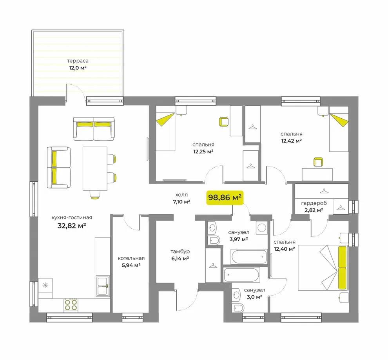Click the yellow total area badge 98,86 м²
coord(225,198)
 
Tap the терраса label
coord(78,61)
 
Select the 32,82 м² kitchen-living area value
coord(72,226)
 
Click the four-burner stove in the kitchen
coord(71,305)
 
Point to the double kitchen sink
coord(103,286)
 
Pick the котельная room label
coord(131,259)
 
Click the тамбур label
coord(180,251)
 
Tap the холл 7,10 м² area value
coord(181,202)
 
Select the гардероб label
coord(314,203)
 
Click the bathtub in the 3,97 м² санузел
coord(249,257)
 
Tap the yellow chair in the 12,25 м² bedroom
coord(223,122)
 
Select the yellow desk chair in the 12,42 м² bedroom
coord(318,162)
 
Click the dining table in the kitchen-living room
coord(95,168)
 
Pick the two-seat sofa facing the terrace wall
coord(94,129)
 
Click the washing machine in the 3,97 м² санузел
coord(262,228)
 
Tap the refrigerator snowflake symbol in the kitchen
coord(45,285)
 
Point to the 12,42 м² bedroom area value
coord(292,141)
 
